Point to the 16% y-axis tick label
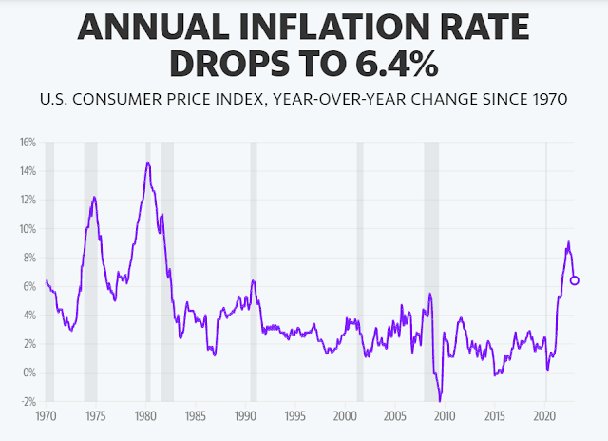coord(27,143)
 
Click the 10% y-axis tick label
coord(27,229)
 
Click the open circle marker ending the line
coord(575,280)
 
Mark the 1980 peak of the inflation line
coord(147,163)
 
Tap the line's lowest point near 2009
coord(440,400)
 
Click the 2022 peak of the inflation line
coord(568,242)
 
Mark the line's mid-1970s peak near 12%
coord(94,197)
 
